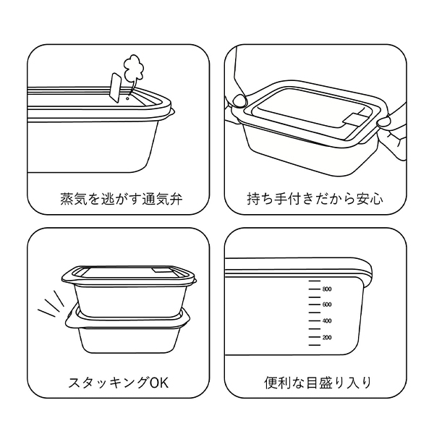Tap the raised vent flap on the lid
pos(116,88)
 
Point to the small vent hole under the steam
pos(127,98)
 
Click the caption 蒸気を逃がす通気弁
pos(122,199)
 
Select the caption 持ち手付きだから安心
pos(315,199)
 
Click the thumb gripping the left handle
pos(239,101)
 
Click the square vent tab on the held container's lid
pos(352,119)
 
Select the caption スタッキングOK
pos(118,383)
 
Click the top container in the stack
pos(129,292)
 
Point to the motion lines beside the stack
pos(51,304)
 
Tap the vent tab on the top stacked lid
pos(160,270)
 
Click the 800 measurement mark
pos(327,289)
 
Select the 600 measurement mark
pos(327,305)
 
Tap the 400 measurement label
pos(327,321)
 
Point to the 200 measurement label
pos(327,337)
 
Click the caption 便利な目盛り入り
pos(318,383)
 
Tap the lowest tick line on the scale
pos(315,345)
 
